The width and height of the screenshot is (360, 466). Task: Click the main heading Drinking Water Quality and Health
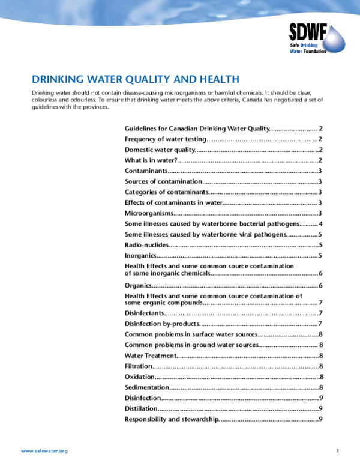(136, 79)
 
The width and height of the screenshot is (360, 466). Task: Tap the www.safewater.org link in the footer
(44, 450)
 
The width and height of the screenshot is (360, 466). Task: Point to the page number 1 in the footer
(338, 450)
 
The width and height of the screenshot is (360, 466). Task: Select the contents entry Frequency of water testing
(166, 139)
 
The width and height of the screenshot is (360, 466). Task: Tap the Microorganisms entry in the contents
(149, 213)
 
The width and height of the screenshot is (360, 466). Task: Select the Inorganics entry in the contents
(141, 256)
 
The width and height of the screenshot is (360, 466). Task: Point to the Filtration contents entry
(139, 366)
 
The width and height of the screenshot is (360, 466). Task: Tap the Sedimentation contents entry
(147, 387)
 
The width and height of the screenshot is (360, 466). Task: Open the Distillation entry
(141, 408)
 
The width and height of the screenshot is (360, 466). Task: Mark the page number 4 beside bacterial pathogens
(322, 223)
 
